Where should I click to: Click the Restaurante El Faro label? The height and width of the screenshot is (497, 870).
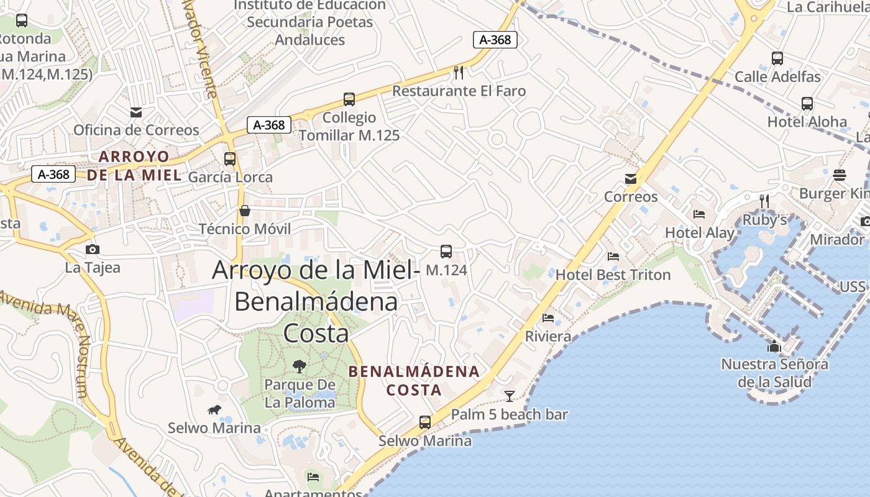coord(459,91)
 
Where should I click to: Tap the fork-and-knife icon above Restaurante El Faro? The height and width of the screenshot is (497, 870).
coord(459,73)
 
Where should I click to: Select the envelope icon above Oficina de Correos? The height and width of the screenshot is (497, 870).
coord(135,112)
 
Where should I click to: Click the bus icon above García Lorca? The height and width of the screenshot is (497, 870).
coord(230,159)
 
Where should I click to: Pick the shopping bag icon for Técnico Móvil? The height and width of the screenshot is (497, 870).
coord(245,211)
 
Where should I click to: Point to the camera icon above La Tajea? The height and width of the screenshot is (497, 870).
coord(93,250)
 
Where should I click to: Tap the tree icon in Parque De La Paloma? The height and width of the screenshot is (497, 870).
coord(300,366)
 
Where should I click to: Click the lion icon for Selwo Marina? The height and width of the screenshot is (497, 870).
coord(214,409)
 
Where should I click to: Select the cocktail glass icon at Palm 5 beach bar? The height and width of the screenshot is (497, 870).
coord(510,396)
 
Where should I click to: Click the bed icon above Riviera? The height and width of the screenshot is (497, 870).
coord(547,319)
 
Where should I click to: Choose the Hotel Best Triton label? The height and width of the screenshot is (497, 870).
coord(613,275)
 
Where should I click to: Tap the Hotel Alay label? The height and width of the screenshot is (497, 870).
coord(700,233)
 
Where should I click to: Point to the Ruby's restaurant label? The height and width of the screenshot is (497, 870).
coord(765,220)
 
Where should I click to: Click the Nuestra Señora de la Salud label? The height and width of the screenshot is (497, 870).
coord(774,373)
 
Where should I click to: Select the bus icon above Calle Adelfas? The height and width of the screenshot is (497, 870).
coord(777,58)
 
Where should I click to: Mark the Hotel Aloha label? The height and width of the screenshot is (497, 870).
coord(807,122)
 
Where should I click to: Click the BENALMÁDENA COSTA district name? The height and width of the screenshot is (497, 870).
coord(414,381)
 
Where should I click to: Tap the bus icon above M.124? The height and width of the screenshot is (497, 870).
coord(446,252)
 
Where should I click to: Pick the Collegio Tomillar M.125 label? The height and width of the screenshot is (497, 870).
coord(349,126)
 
